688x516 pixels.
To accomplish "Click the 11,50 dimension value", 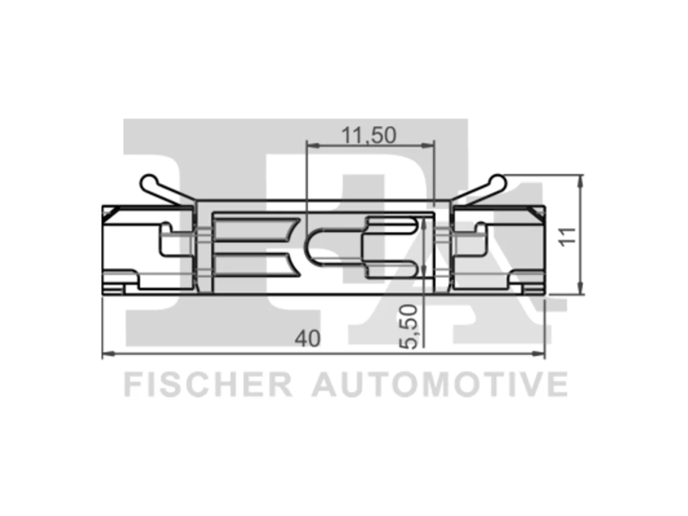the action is tap(369, 135).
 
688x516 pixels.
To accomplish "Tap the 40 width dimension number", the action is tap(307, 339).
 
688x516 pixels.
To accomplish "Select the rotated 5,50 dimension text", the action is tap(408, 327).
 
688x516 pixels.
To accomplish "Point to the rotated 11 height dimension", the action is tap(567, 237).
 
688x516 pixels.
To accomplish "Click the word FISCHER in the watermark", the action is tap(208, 384).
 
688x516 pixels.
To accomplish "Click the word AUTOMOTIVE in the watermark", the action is tap(440, 384).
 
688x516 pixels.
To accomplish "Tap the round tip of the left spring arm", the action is tap(149, 182).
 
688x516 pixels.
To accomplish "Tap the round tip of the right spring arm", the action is tap(497, 182).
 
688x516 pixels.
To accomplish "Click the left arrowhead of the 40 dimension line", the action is tap(109, 354).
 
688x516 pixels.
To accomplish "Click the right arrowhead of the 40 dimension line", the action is tap(539, 354).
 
